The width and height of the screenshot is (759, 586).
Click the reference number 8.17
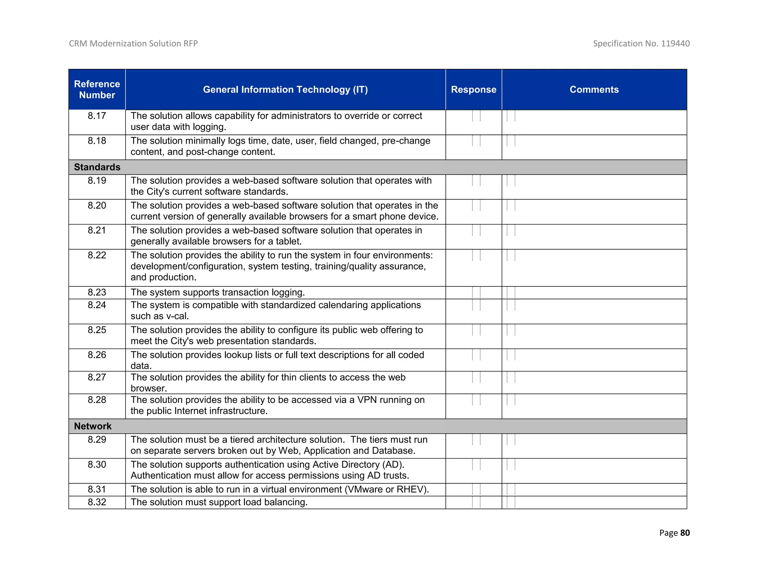97,116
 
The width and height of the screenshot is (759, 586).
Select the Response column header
473,90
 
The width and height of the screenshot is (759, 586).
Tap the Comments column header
594,90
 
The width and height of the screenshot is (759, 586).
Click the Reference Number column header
97,90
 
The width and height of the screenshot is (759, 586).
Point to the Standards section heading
97,167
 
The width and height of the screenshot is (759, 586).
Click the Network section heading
93,426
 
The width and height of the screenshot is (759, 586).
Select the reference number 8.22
97,255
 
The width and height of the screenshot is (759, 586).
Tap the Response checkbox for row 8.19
476,181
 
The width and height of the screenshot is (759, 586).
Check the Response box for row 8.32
476,502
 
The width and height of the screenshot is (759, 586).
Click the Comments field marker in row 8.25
511,330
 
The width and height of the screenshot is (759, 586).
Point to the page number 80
685,533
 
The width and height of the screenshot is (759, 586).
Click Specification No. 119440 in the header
641,44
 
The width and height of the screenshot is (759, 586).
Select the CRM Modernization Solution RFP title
133,44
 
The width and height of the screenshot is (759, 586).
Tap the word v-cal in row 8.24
177,316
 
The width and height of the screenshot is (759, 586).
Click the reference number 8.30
97,465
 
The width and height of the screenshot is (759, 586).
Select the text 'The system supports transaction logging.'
218,293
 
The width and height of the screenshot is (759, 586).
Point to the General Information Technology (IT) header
285,90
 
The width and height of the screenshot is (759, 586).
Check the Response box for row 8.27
476,377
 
